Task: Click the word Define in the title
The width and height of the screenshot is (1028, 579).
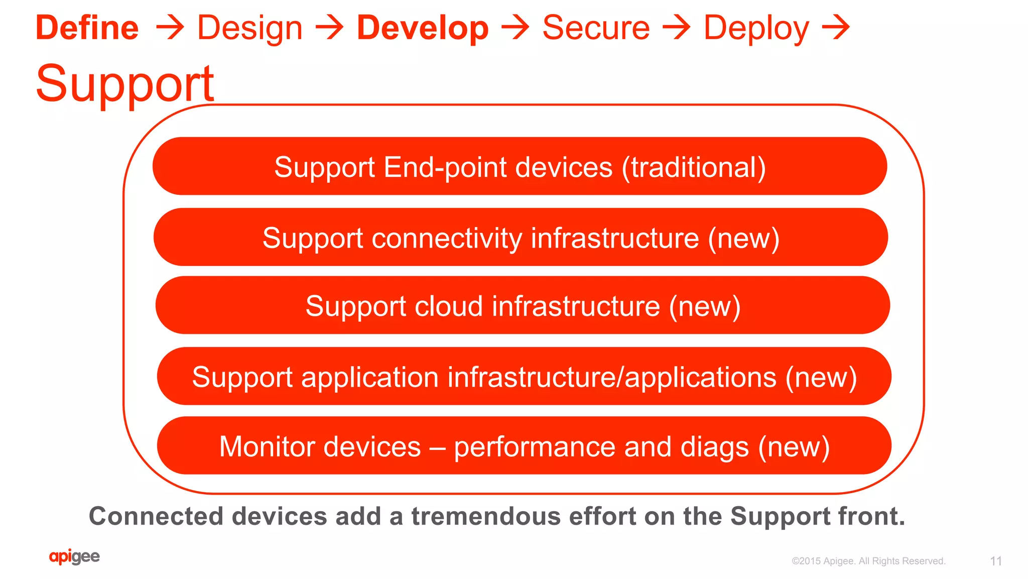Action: click(87, 28)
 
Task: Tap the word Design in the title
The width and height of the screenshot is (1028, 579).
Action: click(250, 28)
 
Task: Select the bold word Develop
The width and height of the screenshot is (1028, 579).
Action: click(423, 28)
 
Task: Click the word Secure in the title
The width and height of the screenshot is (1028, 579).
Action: click(596, 28)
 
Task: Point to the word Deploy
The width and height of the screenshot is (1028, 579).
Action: click(756, 29)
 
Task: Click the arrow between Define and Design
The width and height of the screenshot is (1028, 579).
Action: click(170, 28)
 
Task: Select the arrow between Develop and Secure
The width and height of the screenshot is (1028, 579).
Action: click(516, 28)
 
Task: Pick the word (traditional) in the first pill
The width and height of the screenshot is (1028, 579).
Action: click(694, 167)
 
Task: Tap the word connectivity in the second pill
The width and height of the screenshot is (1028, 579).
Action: click(447, 238)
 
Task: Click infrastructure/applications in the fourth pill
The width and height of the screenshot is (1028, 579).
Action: click(612, 377)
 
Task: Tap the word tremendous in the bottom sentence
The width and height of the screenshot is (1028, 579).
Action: click(486, 516)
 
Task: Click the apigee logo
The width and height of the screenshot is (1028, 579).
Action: click(74, 556)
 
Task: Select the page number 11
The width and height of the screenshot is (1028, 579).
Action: click(996, 561)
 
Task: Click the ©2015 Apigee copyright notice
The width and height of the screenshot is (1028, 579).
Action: click(868, 561)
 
